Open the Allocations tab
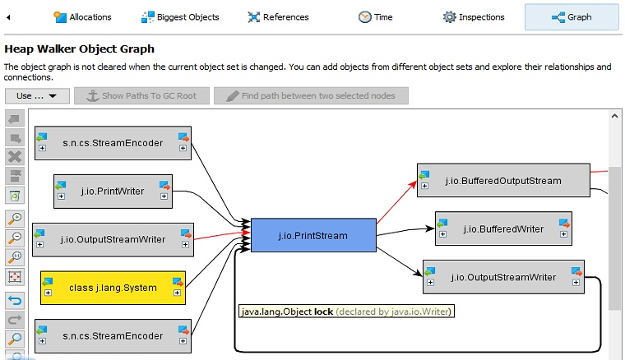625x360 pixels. [82, 16]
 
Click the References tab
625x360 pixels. [278, 16]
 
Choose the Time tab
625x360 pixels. [376, 16]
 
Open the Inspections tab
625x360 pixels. [474, 16]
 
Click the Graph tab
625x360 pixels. [572, 16]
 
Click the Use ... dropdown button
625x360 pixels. [36, 96]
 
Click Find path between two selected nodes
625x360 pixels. [311, 96]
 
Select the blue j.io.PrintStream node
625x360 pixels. [312, 236]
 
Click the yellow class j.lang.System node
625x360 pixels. [113, 288]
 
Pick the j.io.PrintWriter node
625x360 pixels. [112, 192]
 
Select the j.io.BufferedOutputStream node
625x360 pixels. [502, 181]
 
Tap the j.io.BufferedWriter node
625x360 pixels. [502, 228]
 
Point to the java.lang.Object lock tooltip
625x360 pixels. [346, 312]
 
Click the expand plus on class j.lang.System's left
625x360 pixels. [49, 293]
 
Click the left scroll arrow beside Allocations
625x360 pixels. [7, 16]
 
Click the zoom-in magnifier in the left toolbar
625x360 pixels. [15, 219]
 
